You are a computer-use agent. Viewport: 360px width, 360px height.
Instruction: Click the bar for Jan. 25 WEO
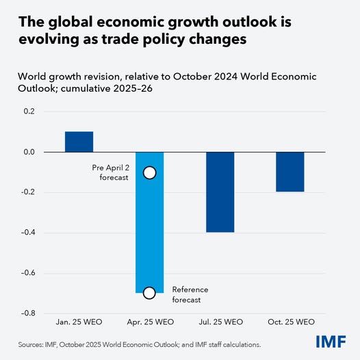tap(79, 142)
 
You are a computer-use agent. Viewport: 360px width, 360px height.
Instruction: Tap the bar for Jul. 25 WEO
tap(220, 192)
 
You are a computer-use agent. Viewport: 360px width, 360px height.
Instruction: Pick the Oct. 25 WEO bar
tap(290, 172)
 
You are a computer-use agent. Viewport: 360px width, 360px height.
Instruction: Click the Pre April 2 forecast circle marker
tap(150, 172)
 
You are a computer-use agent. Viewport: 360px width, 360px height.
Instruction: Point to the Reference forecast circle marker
tap(150, 293)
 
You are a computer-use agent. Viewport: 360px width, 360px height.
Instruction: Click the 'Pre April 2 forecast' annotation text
tap(112, 172)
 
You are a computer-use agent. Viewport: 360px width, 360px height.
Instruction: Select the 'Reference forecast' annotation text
tap(190, 294)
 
